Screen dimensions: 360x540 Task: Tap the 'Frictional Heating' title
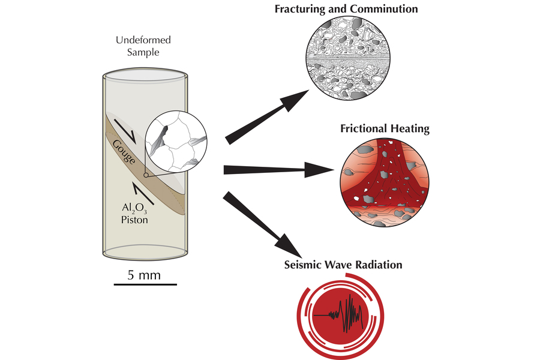(x=385, y=128)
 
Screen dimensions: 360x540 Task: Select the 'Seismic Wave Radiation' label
(x=343, y=265)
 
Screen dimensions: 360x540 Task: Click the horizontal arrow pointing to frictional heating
(x=276, y=171)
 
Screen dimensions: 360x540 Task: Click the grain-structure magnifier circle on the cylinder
(x=177, y=140)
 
